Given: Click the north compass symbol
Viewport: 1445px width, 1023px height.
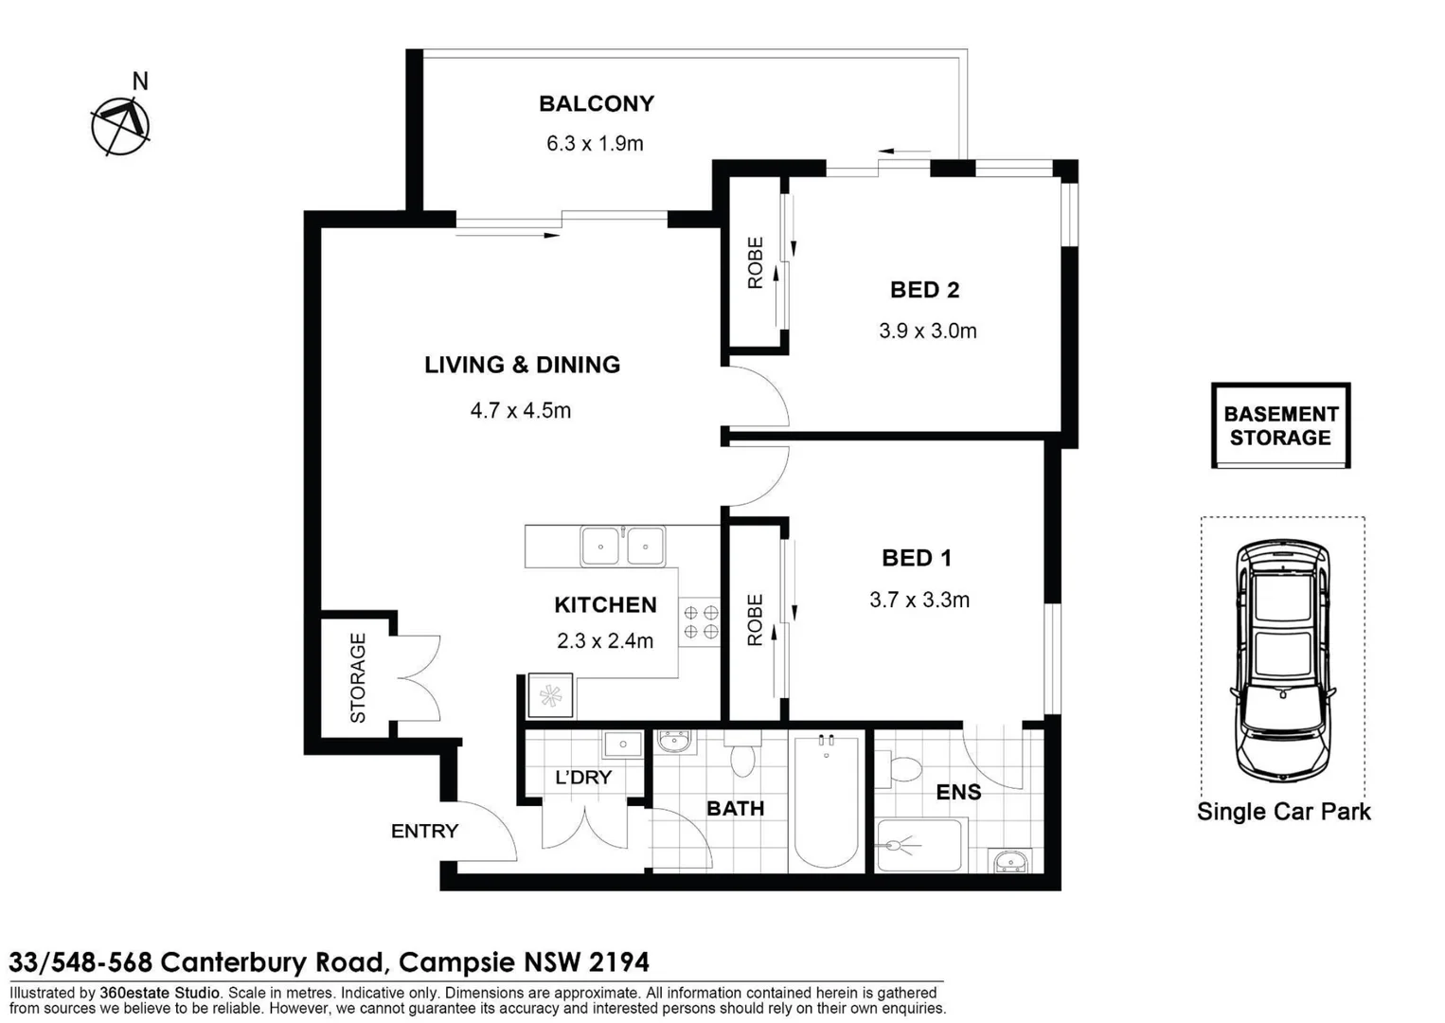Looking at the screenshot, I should click(120, 125).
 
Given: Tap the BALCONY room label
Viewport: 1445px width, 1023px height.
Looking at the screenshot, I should click(596, 103).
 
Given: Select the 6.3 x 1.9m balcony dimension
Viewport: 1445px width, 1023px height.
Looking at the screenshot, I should click(595, 143).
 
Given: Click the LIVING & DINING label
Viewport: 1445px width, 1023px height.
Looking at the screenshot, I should click(522, 365).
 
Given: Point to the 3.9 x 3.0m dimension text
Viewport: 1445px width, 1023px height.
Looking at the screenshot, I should click(927, 331).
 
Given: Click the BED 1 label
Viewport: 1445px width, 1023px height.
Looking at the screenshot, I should click(916, 558).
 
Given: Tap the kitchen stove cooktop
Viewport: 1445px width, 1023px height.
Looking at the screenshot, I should click(701, 622).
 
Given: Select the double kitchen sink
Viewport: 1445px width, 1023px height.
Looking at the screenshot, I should click(622, 547).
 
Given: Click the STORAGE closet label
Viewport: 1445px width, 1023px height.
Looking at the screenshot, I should click(358, 678).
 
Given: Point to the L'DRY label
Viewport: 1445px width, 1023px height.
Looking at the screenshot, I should click(582, 778).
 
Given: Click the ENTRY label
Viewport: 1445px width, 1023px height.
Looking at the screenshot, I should click(424, 831).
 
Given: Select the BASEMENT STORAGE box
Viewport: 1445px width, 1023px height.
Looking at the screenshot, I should click(1280, 425).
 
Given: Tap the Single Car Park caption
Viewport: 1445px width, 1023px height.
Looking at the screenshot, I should click(1283, 812).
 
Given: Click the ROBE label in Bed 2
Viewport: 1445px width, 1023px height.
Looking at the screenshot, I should click(755, 262).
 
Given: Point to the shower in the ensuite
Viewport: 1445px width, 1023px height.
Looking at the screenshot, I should click(918, 845).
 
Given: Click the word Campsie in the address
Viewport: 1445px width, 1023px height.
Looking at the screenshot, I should click(457, 962).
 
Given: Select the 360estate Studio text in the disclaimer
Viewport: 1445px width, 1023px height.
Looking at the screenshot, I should click(159, 993).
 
